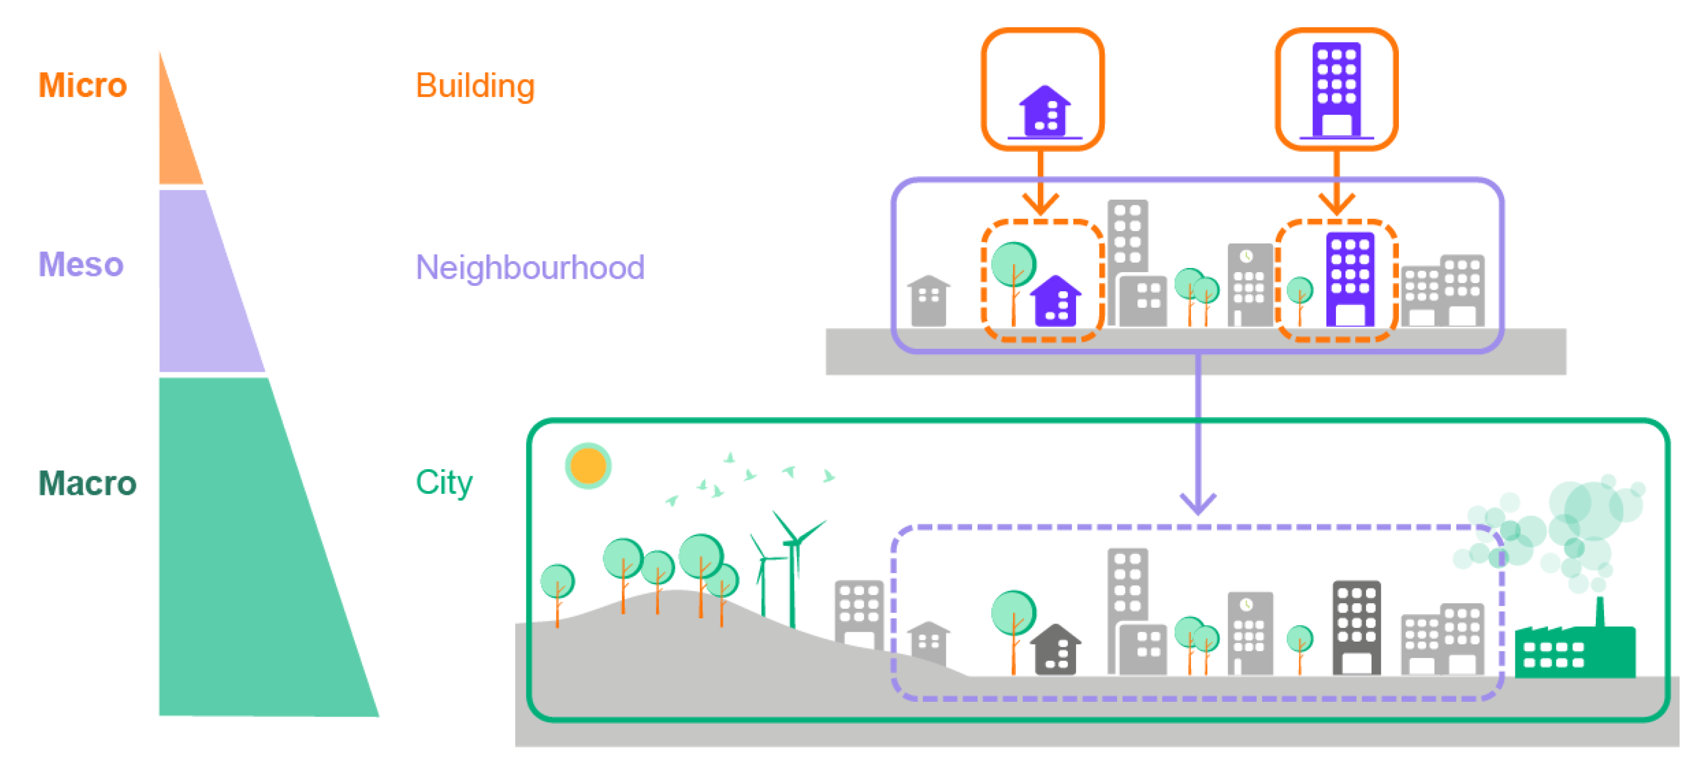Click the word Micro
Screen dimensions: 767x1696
pos(82,85)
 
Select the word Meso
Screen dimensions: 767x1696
pos(81,265)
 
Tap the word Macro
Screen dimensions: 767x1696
pos(87,483)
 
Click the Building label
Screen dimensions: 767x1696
pos(475,85)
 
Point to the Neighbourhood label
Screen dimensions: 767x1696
pos(530,268)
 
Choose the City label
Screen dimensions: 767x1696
pos(444,483)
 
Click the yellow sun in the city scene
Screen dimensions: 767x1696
pos(588,466)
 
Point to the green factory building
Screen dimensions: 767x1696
pos(1573,653)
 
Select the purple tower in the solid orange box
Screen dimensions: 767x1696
pos(1336,89)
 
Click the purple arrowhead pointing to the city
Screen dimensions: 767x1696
pos(1198,504)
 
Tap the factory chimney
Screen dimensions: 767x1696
pos(1599,613)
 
